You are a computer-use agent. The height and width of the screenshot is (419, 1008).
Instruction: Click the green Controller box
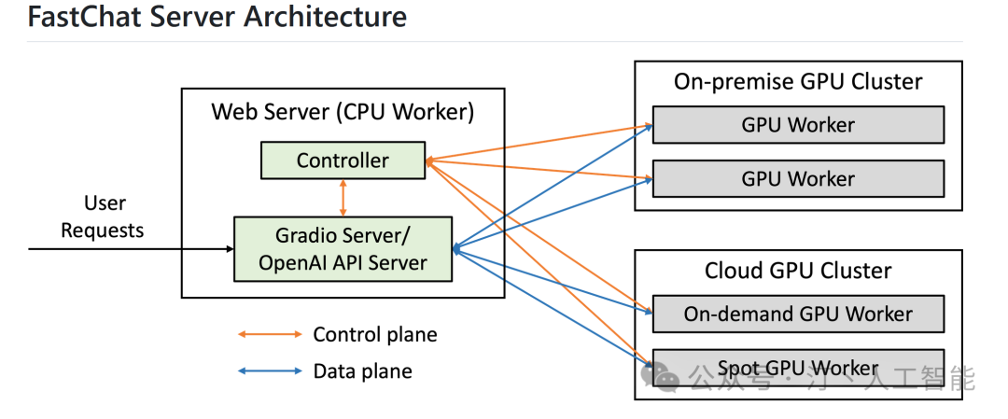click(342, 161)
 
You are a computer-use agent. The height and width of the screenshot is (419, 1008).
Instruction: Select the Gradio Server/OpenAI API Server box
click(342, 249)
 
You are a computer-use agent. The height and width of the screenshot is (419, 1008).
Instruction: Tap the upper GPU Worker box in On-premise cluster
click(798, 124)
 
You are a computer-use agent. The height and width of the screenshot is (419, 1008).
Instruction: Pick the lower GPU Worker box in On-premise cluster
click(798, 178)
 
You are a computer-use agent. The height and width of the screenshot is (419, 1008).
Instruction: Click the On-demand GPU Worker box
click(798, 314)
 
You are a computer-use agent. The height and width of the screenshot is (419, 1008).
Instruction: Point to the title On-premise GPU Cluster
click(798, 82)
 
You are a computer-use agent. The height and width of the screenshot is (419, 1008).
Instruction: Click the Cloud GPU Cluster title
click(798, 271)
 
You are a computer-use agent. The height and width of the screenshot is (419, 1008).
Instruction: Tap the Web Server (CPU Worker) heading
click(343, 112)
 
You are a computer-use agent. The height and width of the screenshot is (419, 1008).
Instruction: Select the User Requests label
click(103, 216)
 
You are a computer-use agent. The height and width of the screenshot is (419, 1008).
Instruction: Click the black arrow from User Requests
click(131, 249)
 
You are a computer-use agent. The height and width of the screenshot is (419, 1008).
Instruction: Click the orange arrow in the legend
click(271, 334)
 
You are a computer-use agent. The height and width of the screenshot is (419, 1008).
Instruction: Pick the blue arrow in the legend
click(271, 370)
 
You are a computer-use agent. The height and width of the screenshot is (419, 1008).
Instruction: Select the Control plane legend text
click(374, 334)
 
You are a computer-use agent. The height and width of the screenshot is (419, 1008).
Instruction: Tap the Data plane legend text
click(362, 370)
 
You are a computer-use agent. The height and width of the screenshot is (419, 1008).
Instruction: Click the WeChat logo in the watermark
click(666, 377)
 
